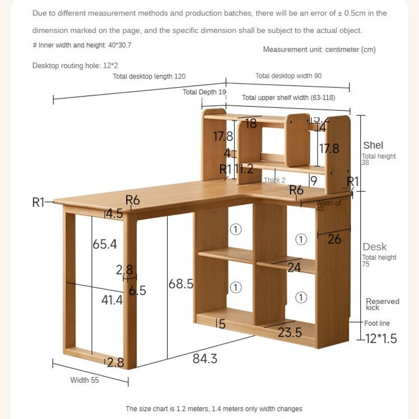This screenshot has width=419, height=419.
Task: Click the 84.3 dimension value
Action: (x=205, y=359)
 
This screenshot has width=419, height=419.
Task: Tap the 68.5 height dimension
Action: (x=181, y=284)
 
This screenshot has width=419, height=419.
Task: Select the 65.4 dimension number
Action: (x=105, y=244)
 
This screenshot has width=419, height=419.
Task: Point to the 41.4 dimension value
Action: (x=112, y=300)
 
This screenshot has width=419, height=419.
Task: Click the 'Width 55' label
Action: (x=84, y=380)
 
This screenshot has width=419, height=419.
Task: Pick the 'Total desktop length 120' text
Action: (x=149, y=76)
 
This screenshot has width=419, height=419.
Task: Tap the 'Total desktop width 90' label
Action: (x=289, y=76)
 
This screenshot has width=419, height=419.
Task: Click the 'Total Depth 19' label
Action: (x=204, y=92)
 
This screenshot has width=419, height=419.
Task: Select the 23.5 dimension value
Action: (x=290, y=333)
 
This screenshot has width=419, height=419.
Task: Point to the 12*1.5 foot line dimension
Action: (x=381, y=339)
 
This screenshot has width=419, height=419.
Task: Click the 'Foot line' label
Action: (x=378, y=324)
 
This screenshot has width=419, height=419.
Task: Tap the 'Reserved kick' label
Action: (x=382, y=304)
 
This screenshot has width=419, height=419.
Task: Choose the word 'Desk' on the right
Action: (x=374, y=247)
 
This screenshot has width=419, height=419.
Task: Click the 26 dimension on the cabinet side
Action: (x=334, y=239)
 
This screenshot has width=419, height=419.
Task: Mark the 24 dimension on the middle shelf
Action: (x=294, y=268)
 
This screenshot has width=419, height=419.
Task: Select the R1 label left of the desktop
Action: (x=39, y=203)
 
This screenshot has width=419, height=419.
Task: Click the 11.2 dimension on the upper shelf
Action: (x=244, y=169)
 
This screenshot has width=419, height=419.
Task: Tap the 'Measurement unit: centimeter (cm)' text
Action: (x=319, y=50)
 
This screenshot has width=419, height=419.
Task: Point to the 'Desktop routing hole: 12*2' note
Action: (x=75, y=65)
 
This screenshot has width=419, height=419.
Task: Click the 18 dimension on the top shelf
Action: (x=251, y=124)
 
